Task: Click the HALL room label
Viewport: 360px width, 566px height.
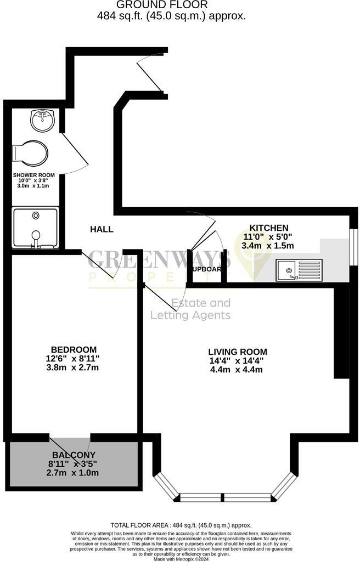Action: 102,229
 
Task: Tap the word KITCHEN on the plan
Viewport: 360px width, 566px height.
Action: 269,228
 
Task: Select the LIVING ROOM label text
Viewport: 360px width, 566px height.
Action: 238,352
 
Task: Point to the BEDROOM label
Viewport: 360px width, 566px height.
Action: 74,349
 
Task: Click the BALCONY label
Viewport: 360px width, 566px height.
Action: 74,455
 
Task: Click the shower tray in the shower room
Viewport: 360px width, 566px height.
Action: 36,228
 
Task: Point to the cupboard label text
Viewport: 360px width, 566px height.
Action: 206,269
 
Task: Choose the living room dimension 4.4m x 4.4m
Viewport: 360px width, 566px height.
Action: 238,369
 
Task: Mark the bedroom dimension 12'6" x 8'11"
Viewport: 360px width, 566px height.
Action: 74,358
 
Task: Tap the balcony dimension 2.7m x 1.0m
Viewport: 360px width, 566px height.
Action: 74,472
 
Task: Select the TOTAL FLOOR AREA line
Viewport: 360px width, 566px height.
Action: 181,525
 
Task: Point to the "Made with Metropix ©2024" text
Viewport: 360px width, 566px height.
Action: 181,559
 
